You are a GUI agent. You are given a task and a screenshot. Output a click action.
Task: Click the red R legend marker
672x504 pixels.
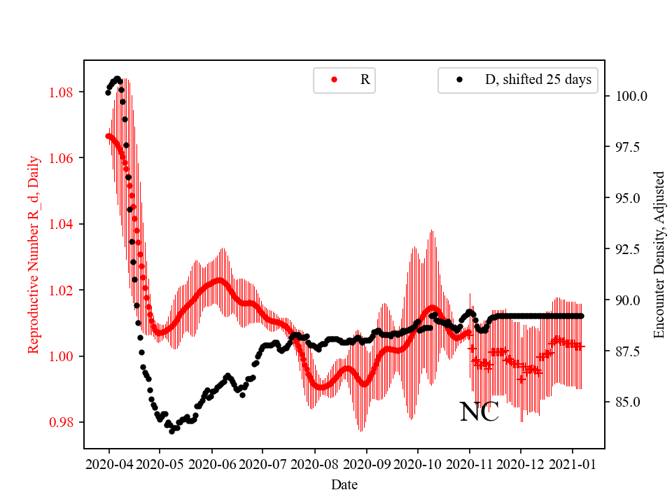click(334, 80)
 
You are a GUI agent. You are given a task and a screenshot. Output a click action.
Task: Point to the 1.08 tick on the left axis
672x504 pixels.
click(65, 92)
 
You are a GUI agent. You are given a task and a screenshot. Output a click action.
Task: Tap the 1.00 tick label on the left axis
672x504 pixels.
click(65, 356)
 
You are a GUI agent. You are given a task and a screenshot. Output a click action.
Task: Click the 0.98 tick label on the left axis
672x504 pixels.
click(65, 422)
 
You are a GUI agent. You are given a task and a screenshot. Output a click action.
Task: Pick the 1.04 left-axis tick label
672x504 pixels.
click(65, 224)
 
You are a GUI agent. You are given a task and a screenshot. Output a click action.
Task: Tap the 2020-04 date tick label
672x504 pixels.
click(108, 464)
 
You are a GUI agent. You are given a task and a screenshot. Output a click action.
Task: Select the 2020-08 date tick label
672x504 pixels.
click(315, 464)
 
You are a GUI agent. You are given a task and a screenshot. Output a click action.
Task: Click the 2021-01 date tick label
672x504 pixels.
click(573, 464)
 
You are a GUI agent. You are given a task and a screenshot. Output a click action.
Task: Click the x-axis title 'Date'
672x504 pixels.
click(344, 484)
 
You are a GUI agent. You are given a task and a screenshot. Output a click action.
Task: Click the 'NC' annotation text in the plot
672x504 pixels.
click(479, 412)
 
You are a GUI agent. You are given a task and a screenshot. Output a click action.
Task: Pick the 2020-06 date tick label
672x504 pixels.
click(211, 464)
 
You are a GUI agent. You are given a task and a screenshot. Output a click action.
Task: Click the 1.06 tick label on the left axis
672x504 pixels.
click(65, 158)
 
